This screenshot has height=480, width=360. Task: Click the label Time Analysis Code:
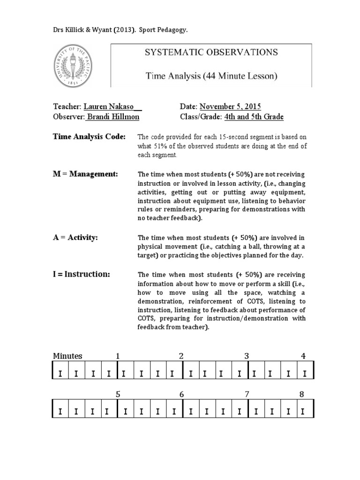tap(89, 136)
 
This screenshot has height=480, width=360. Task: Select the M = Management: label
tap(85, 174)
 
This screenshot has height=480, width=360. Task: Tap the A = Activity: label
tap(75, 238)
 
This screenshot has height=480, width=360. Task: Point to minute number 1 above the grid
tap(118, 356)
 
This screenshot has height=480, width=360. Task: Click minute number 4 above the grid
tap(303, 356)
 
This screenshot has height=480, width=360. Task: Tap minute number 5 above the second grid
tap(118, 394)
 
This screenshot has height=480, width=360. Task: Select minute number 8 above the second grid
tap(302, 394)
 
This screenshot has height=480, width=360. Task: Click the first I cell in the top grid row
tap(60, 374)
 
